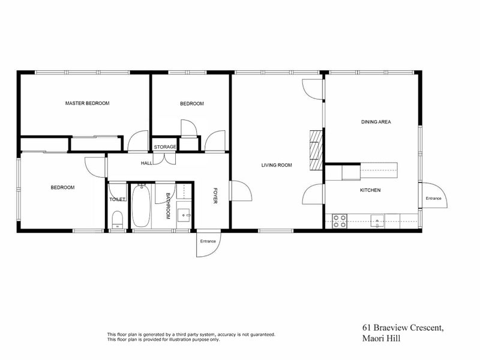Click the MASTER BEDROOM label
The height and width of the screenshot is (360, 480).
(x=88, y=103)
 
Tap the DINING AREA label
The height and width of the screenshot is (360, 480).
(x=376, y=122)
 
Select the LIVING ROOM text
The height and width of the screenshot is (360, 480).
(x=276, y=165)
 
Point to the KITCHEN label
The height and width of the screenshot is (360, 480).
(x=370, y=190)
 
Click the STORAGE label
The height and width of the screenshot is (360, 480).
(x=165, y=147)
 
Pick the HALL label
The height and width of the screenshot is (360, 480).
(x=146, y=163)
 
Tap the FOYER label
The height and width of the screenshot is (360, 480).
(x=215, y=196)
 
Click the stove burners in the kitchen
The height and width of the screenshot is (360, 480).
(x=340, y=220)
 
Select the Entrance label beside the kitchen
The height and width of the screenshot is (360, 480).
(x=433, y=199)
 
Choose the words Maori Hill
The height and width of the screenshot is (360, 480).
(x=380, y=338)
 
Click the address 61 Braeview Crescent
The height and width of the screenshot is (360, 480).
(x=402, y=328)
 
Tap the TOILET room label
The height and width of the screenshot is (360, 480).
(x=117, y=199)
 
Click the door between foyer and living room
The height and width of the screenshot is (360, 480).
(x=239, y=193)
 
